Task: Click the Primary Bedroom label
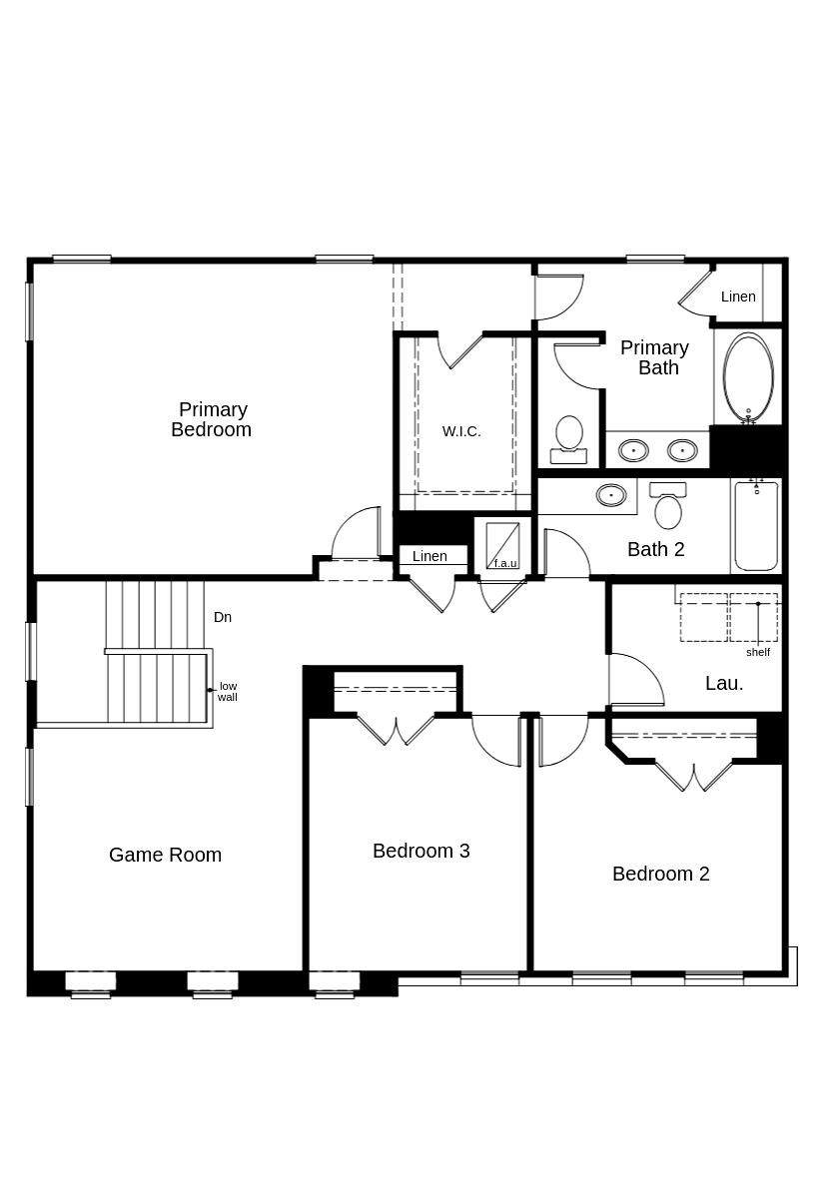click(211, 419)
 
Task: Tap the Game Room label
click(165, 855)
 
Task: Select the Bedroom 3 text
click(420, 851)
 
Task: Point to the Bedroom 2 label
click(660, 874)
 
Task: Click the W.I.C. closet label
click(461, 431)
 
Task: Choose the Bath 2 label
click(656, 549)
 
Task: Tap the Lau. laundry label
click(724, 683)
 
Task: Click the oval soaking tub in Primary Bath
click(748, 377)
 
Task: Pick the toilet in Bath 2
click(667, 506)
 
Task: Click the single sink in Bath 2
click(611, 494)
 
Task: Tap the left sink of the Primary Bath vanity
click(633, 450)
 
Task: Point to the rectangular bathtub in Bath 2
click(756, 526)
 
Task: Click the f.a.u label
click(505, 563)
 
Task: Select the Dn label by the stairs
click(223, 617)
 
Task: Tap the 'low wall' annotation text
click(228, 691)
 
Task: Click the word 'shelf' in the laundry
click(758, 652)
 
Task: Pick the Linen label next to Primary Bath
click(738, 297)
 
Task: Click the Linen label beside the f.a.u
click(429, 556)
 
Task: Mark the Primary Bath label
click(654, 357)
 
